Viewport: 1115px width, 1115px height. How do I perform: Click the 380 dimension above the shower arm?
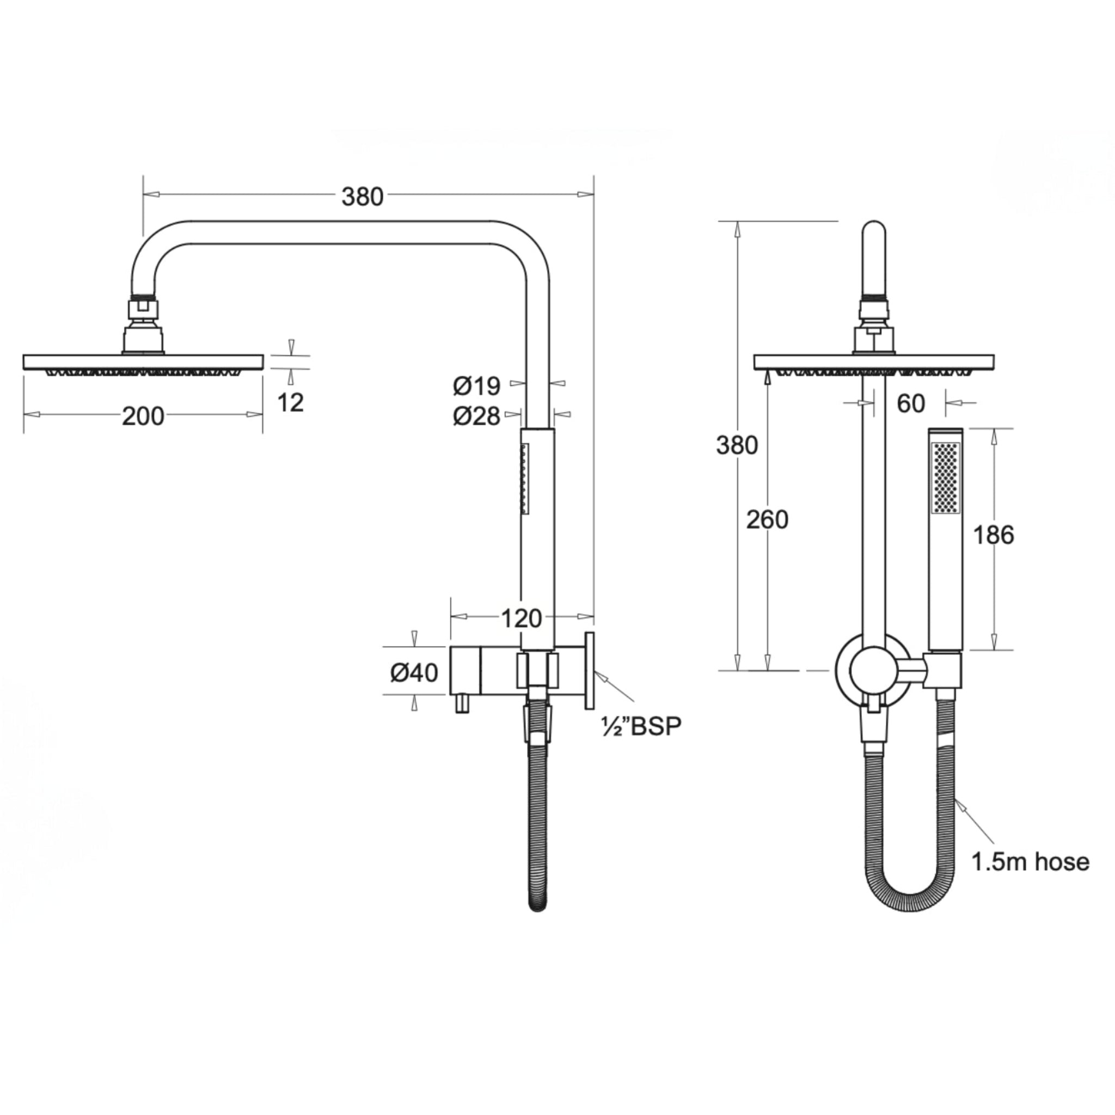click(x=362, y=198)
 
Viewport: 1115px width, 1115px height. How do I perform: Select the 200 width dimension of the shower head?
click(x=143, y=415)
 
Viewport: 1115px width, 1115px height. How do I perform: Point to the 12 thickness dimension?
click(x=290, y=402)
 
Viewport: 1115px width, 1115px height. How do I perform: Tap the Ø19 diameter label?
click(x=477, y=386)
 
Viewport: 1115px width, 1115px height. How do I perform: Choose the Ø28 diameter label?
click(x=477, y=415)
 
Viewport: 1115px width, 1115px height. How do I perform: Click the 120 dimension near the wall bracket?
click(x=521, y=618)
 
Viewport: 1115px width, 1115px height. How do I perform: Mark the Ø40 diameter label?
click(x=414, y=672)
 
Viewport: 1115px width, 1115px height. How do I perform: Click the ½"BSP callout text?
click(x=641, y=726)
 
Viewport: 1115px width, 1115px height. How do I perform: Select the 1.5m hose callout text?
click(x=1030, y=878)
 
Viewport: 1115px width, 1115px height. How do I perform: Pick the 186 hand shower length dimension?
click(x=993, y=536)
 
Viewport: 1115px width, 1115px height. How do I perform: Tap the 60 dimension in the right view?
click(x=911, y=404)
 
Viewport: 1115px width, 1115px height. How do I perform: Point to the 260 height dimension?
click(x=767, y=520)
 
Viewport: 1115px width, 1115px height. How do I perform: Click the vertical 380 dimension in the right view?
click(x=737, y=445)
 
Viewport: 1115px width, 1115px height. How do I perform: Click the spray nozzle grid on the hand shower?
click(x=945, y=477)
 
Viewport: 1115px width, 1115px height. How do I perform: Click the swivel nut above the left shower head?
click(x=144, y=307)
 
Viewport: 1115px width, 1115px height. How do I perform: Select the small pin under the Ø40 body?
click(x=461, y=704)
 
